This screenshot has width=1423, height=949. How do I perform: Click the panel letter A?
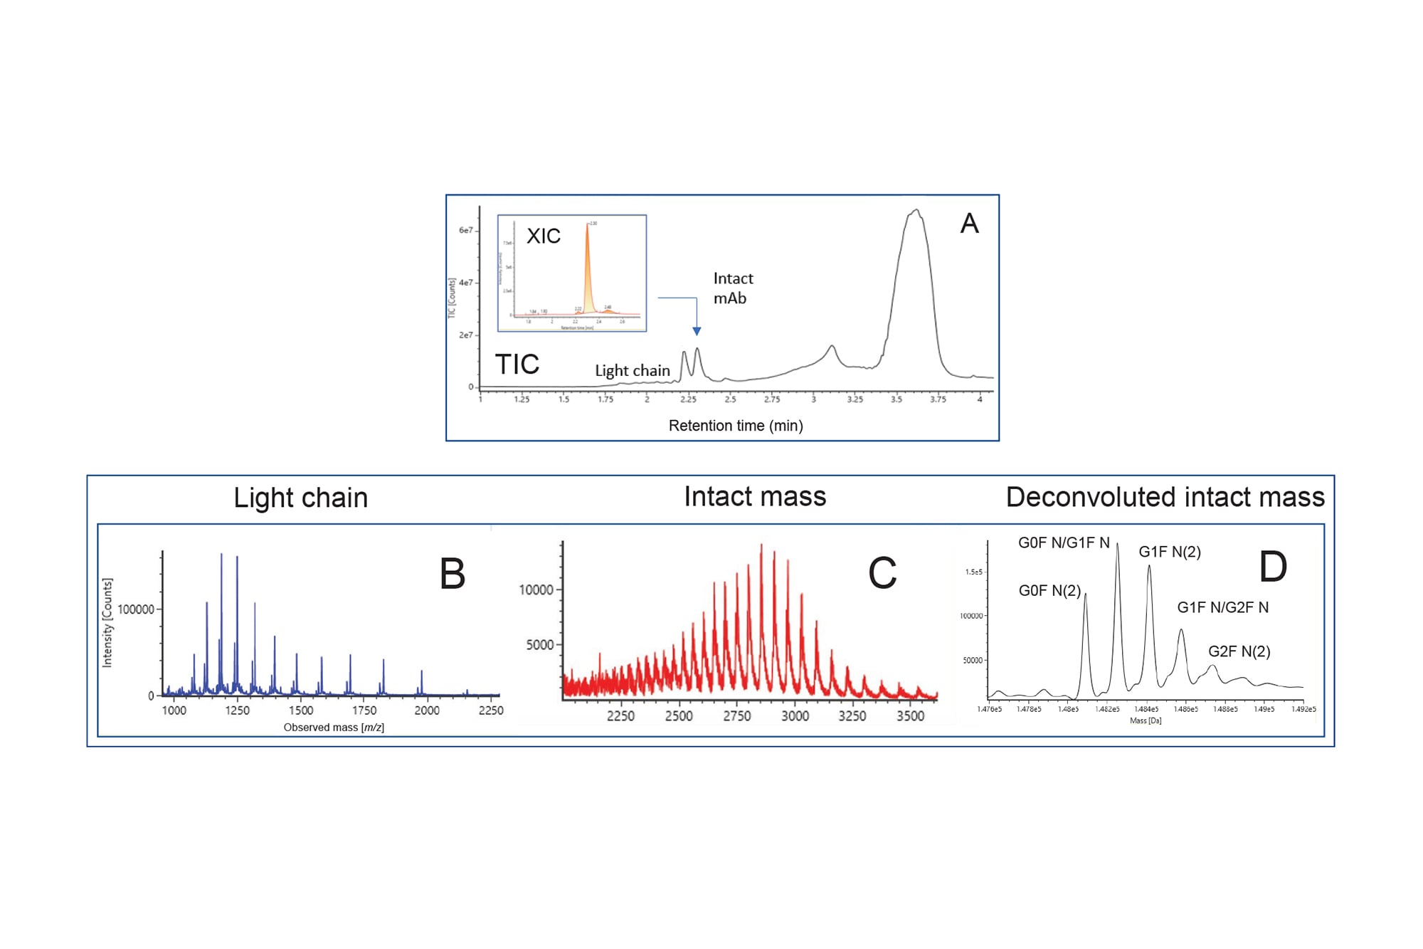(969, 224)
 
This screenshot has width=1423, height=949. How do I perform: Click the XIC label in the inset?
(543, 236)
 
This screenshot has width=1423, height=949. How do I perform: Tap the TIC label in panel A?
(517, 365)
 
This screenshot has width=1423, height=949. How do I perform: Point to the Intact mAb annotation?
(733, 288)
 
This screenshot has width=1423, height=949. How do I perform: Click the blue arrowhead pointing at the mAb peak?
(697, 331)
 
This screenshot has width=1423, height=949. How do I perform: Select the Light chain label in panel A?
(632, 370)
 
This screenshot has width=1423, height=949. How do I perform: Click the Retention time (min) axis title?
(736, 426)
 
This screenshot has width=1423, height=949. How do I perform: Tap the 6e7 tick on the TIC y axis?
(465, 230)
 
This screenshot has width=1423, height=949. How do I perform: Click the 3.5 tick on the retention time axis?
(896, 399)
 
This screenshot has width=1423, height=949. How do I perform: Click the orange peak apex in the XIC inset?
(588, 224)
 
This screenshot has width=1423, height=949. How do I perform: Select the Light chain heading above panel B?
(300, 498)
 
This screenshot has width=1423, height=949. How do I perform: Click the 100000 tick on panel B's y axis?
(135, 609)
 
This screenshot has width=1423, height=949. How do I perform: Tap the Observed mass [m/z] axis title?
(334, 727)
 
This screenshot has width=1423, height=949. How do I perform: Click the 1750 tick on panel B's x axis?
(364, 710)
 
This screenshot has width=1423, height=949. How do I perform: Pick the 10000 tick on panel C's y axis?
(536, 589)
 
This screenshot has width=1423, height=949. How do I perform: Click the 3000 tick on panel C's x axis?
(795, 715)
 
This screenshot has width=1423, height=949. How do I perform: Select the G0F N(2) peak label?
(1049, 590)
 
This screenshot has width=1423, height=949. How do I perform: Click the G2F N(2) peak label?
(1239, 651)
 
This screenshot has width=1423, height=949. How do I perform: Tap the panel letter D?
(1273, 567)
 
